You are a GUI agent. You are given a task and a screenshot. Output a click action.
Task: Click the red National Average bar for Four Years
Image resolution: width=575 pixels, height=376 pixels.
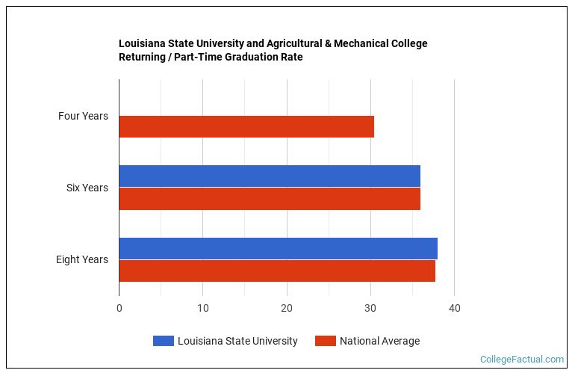246,127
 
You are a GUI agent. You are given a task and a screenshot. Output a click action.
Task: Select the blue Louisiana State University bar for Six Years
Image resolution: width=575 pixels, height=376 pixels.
270,176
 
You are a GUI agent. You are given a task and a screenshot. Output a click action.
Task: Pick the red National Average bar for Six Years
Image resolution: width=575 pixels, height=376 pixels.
270,199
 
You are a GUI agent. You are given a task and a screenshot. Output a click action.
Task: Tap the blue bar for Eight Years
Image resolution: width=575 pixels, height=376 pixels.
278,248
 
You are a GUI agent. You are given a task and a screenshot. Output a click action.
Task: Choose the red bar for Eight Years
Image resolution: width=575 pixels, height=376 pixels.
277,271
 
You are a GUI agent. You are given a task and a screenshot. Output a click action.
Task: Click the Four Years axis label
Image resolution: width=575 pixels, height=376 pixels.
83,116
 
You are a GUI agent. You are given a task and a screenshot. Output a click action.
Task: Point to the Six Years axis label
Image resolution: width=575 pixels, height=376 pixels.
87,188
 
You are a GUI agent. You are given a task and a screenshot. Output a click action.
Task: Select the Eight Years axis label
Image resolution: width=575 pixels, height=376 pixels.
82,259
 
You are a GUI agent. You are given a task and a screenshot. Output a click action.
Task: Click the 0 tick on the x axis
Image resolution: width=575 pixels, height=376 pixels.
119,309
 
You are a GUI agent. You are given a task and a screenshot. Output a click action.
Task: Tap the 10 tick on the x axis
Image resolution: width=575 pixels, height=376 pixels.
203,309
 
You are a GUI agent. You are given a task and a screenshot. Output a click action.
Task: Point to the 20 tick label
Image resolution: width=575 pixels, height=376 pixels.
287,309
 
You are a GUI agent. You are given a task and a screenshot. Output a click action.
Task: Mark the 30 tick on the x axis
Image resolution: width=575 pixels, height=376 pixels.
370,309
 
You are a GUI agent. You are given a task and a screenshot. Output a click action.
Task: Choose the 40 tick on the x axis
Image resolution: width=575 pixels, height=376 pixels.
454,309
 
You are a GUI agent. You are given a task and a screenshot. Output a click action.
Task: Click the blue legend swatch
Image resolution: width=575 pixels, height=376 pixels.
163,341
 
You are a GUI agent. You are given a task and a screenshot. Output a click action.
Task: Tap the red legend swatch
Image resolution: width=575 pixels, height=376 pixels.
325,341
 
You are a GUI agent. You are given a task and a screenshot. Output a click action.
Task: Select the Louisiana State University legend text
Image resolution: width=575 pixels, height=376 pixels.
237,341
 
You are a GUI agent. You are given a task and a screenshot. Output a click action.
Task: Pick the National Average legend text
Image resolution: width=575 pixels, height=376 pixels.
379,341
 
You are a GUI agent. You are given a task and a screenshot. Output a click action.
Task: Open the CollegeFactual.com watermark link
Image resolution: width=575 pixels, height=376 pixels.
521,360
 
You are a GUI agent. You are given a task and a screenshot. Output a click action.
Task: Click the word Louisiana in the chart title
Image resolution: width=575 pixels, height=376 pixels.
142,43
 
